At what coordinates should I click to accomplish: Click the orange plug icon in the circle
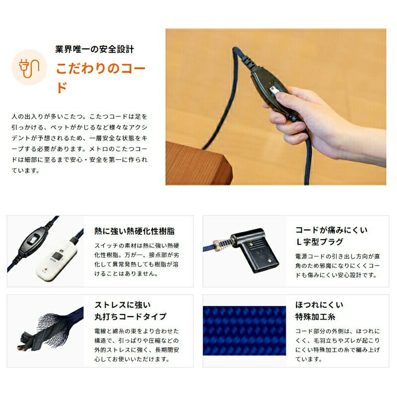pos(29,67)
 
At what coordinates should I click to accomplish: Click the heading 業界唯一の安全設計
pos(94,50)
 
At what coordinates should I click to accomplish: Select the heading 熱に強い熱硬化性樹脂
pos(134,231)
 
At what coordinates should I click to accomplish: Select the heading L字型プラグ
pos(317,243)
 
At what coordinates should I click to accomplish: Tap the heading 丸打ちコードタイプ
pos(130,317)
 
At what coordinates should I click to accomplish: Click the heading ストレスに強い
pos(122,305)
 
